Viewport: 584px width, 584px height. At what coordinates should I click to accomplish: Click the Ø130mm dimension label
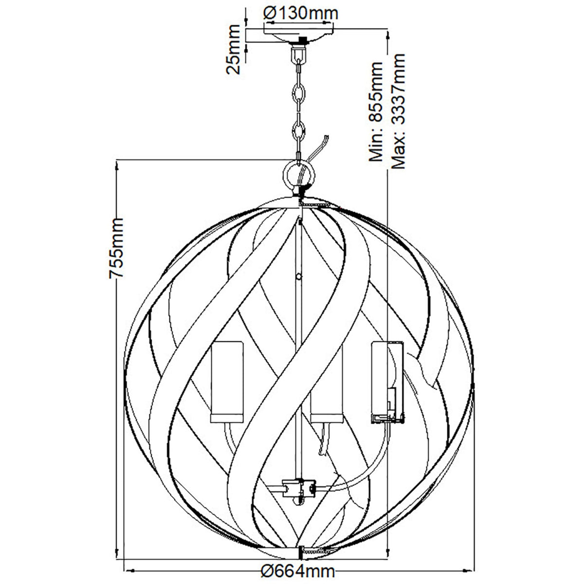point(301,13)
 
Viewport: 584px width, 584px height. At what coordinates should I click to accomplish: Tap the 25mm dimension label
point(234,50)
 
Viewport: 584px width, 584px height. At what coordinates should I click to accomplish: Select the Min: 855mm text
point(376,111)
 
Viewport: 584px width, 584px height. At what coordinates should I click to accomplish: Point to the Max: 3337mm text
point(399,111)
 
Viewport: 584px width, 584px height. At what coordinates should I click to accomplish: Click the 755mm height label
point(116,248)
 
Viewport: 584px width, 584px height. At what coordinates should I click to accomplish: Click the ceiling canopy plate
point(299,35)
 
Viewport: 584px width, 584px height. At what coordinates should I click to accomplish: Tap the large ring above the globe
point(299,175)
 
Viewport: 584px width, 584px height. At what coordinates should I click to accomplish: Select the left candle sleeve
point(227,382)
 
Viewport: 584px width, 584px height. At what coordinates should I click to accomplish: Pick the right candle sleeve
point(387,382)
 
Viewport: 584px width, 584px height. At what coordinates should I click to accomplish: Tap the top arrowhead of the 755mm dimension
point(116,166)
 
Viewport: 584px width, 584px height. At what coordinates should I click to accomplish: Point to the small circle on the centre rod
point(299,276)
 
